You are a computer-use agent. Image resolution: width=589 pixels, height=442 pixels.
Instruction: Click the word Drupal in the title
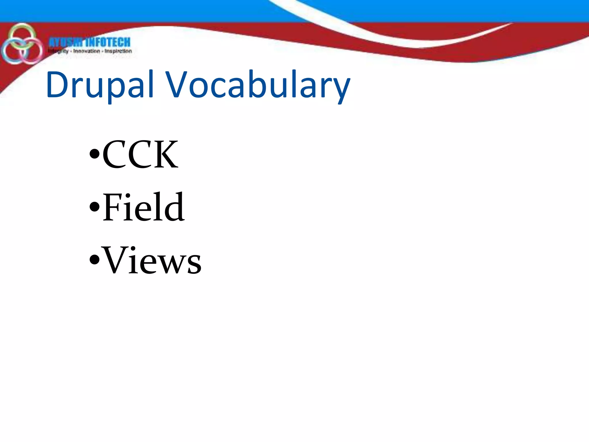click(99, 85)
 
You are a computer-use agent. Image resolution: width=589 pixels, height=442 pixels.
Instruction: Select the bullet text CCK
click(140, 155)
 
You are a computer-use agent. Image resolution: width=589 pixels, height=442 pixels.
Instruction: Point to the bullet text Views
click(152, 260)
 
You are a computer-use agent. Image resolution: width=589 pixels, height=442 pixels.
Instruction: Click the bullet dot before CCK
click(94, 153)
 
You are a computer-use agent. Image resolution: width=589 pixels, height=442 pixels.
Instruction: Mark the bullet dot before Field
click(94, 206)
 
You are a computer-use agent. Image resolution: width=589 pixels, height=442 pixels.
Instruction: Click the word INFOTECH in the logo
click(108, 42)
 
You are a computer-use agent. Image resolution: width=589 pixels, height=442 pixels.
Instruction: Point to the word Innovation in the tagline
click(87, 51)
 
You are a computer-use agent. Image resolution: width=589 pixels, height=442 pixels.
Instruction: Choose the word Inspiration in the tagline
click(118, 51)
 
